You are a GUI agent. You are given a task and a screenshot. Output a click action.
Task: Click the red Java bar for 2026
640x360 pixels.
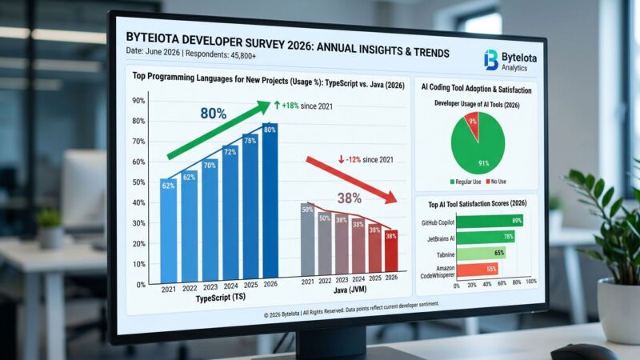click(x=390, y=252)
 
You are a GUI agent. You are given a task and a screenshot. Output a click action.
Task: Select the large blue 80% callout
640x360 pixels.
click(x=213, y=114)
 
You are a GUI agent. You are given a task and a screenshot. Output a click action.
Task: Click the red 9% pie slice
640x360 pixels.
click(x=473, y=122)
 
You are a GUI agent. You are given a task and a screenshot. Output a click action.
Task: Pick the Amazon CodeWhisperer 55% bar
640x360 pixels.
click(x=477, y=270)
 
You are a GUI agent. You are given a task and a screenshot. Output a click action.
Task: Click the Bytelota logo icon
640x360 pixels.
click(x=490, y=60)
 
